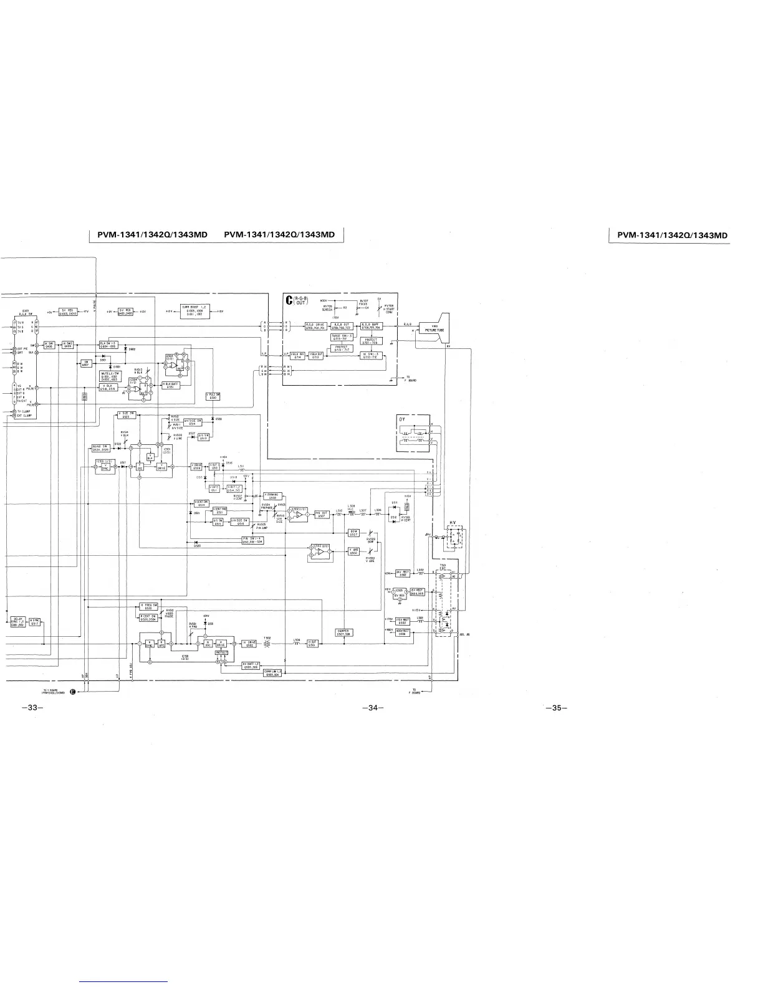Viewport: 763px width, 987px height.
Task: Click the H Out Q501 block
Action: (313, 644)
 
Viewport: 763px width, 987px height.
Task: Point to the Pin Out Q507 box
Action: (321, 514)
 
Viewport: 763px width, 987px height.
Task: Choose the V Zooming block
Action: (274, 495)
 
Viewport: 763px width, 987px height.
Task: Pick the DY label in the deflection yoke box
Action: (403, 419)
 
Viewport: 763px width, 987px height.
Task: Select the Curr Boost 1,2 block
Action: (194, 309)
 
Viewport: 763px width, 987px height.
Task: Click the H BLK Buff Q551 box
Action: (171, 385)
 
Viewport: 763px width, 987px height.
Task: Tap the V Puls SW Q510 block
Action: (213, 396)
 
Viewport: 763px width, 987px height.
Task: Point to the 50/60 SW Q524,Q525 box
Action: (100, 447)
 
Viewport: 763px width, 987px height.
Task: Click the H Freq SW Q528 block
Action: (148, 606)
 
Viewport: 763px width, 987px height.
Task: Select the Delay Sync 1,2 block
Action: (17, 621)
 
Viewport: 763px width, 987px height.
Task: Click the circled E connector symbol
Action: (73, 691)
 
